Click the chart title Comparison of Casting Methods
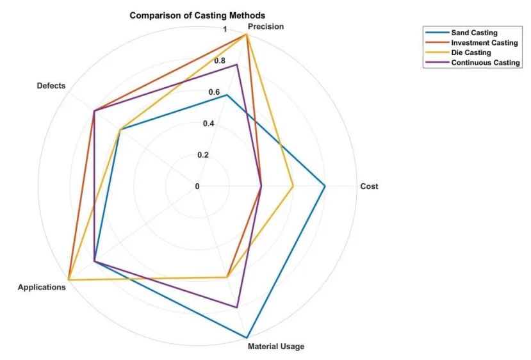point(197,15)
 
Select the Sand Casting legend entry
point(474,32)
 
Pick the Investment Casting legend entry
point(484,42)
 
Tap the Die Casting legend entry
point(471,53)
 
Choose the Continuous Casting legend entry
point(486,63)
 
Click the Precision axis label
point(266,27)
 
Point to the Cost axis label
point(369,186)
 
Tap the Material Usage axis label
point(276,347)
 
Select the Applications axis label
point(42,288)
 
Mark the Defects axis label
point(51,86)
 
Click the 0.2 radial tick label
point(203,155)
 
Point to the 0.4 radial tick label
point(209,124)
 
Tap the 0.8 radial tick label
point(220,61)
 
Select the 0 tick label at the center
point(197,186)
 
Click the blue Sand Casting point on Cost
point(325,186)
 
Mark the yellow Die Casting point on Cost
point(293,186)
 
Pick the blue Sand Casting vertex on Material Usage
point(247,337)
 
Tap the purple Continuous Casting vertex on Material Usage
point(237,307)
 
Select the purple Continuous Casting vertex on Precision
point(237,65)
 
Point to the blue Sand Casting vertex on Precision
point(227,95)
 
